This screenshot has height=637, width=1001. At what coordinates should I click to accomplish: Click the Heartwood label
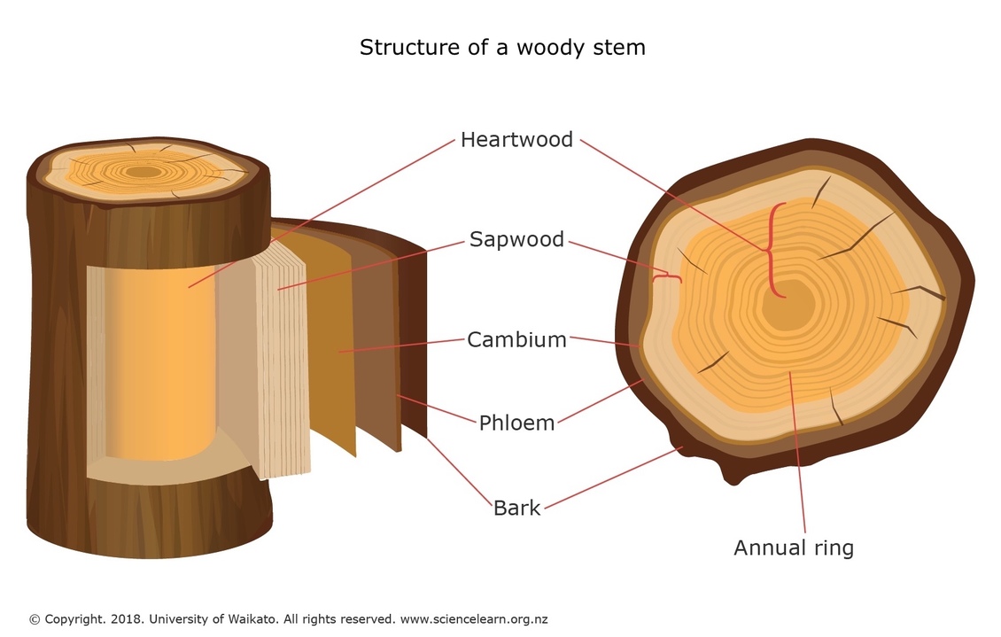(516, 140)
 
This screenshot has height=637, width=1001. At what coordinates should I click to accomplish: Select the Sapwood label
(516, 239)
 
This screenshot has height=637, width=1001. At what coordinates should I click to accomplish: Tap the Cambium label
(516, 339)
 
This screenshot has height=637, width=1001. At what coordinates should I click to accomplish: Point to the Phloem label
(516, 423)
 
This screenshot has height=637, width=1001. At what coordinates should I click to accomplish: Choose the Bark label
(516, 509)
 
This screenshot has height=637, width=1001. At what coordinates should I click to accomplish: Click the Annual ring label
(793, 548)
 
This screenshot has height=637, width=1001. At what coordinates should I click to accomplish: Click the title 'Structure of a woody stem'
(502, 47)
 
